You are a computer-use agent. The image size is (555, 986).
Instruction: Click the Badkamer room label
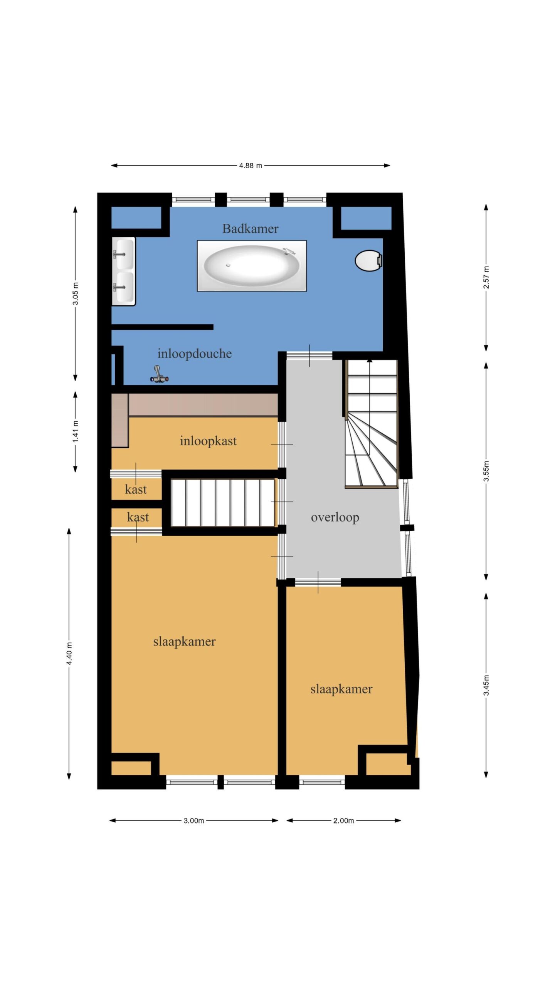[250, 228]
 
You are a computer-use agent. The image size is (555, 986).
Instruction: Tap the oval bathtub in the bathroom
[252, 265]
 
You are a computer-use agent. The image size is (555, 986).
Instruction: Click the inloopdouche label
[195, 353]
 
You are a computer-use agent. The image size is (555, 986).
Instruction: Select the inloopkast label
[208, 441]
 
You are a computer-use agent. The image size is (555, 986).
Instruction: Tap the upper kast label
[136, 489]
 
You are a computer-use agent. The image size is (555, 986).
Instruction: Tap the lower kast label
[138, 517]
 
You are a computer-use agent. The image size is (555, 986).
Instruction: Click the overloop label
[335, 517]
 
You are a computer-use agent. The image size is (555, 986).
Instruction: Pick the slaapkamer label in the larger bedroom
[184, 641]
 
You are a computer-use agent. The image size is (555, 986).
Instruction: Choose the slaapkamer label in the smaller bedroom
[341, 689]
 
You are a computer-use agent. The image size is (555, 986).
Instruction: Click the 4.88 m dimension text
[250, 166]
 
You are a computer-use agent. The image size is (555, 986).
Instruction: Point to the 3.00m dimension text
[193, 821]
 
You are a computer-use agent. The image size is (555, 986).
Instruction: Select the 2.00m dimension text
[343, 821]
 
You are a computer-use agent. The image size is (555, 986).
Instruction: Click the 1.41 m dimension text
[76, 431]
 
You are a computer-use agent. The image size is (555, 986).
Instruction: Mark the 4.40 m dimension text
[69, 653]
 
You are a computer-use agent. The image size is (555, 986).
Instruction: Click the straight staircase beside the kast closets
[222, 502]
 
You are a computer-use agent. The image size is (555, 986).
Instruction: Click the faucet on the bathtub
[289, 251]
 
